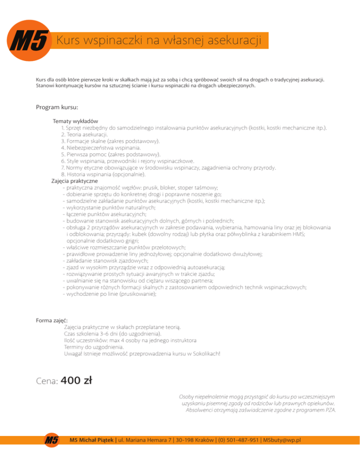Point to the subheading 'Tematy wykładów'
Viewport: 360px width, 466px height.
tap(75, 121)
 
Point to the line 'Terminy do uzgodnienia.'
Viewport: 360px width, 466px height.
tap(94, 347)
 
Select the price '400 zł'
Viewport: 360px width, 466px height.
tap(76, 380)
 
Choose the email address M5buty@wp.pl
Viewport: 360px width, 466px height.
tap(282, 440)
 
